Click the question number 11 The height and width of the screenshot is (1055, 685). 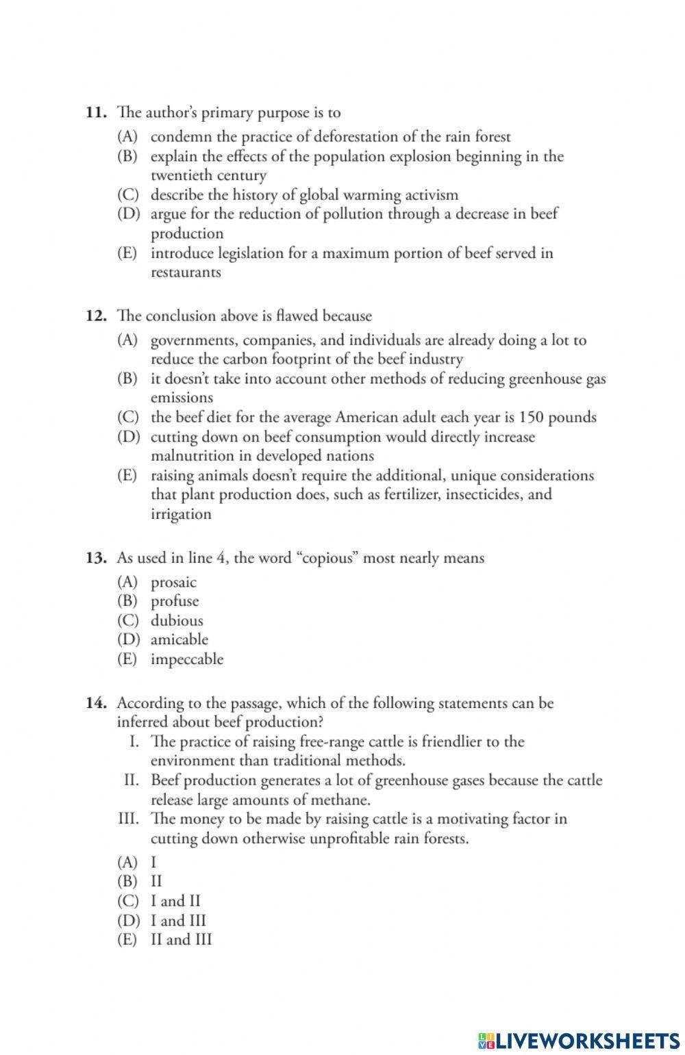tap(95, 112)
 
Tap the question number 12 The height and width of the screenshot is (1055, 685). tap(95, 316)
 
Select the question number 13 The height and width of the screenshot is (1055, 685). tap(95, 558)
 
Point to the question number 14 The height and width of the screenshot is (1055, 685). tap(95, 703)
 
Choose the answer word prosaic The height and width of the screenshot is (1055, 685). tap(173, 583)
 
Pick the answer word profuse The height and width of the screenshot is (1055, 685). tap(175, 601)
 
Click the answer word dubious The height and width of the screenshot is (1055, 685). tap(177, 621)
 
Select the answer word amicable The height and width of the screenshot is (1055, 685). tap(179, 639)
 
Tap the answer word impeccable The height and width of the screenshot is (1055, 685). tap(187, 659)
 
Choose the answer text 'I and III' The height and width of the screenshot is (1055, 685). tap(178, 921)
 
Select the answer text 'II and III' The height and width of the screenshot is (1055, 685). tap(181, 939)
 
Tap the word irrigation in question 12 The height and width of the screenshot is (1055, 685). tap(181, 514)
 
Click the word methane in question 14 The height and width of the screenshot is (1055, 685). tap(342, 800)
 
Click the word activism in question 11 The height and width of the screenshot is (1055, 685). tap(431, 195)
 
